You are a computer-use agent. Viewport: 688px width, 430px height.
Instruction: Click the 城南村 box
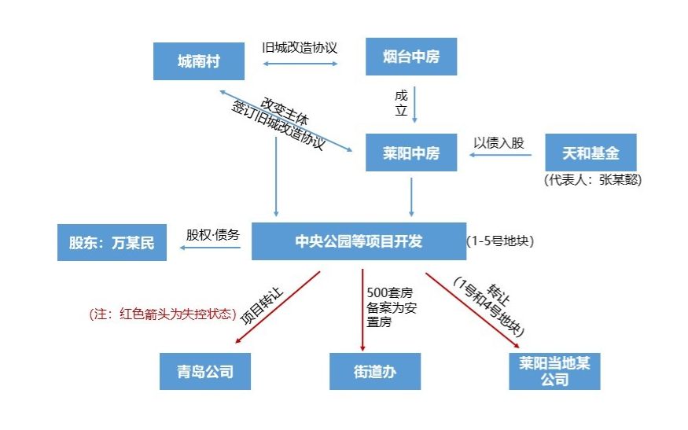[x=198, y=61]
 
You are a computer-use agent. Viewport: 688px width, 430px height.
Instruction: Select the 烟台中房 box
[x=410, y=57]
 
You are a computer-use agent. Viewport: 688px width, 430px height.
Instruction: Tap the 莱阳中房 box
[x=410, y=153]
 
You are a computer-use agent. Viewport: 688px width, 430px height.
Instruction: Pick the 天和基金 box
[x=590, y=153]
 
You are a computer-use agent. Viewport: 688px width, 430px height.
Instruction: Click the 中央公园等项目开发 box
[x=359, y=241]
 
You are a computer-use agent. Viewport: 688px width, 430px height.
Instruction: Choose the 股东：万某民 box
[x=112, y=242]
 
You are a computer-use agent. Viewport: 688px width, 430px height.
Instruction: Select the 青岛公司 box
[x=205, y=370]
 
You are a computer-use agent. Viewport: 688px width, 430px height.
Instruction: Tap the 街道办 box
[x=374, y=371]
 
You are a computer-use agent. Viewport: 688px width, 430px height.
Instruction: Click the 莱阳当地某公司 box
[x=554, y=371]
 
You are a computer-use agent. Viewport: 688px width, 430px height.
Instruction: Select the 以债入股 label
[x=499, y=143]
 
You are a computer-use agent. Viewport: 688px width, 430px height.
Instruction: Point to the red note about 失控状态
[x=163, y=314]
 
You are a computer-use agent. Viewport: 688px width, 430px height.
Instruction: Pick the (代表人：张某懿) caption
[x=593, y=179]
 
